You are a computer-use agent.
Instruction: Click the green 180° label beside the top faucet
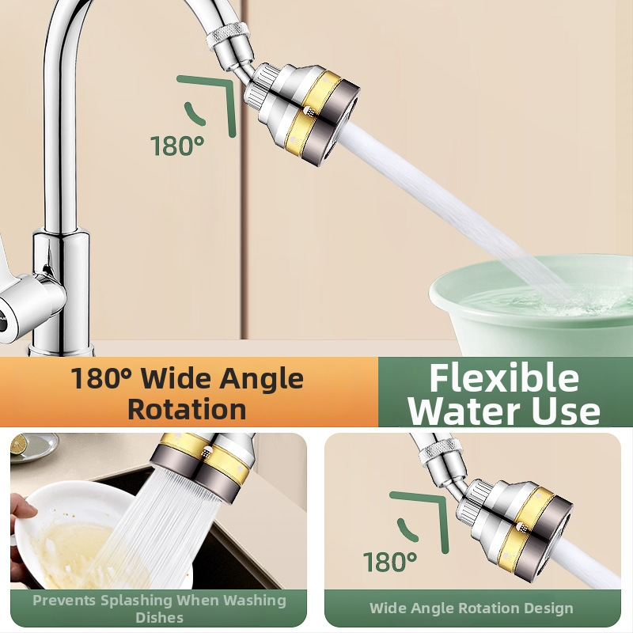point(177,146)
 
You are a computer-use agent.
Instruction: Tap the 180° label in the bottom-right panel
point(390,562)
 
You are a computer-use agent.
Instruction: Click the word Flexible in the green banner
point(504,378)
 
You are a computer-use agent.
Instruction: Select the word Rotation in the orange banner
point(187,409)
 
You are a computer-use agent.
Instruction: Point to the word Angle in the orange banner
point(262,380)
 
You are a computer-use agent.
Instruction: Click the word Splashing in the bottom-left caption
point(136,601)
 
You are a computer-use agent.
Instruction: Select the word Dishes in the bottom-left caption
point(160,618)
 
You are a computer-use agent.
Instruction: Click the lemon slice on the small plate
point(19,444)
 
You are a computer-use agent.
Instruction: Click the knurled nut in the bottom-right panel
point(441,450)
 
